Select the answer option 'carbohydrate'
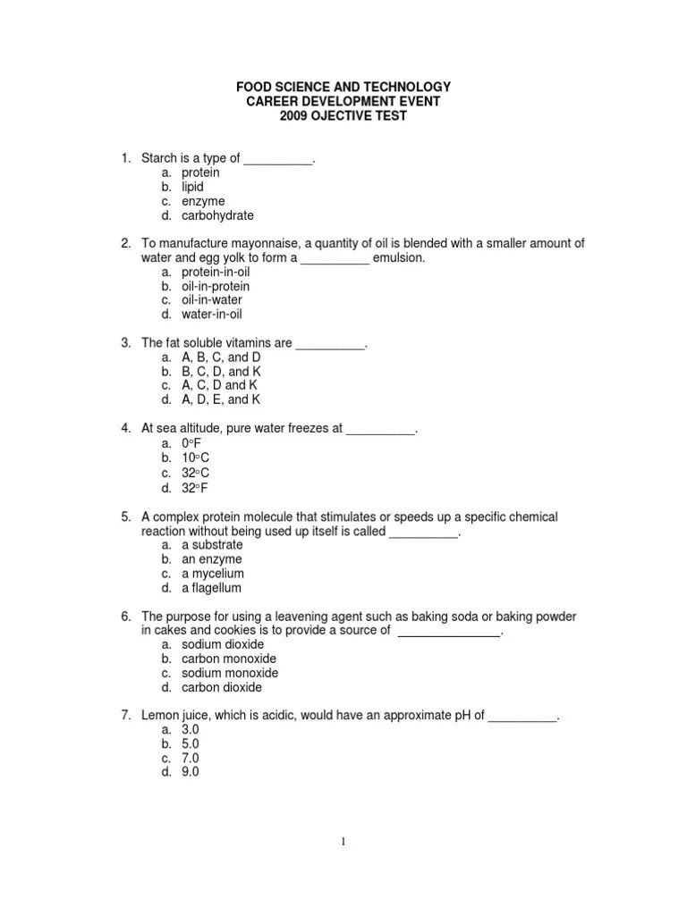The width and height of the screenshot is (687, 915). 217,215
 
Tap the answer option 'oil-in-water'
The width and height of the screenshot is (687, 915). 211,300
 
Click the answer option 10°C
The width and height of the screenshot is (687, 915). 195,458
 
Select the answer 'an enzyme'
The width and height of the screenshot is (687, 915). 212,558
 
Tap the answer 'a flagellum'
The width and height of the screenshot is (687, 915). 211,588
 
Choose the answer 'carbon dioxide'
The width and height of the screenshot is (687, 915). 222,687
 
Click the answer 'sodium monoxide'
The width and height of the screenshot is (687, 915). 230,673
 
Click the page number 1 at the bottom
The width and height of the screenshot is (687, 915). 343,841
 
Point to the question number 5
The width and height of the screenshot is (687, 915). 126,516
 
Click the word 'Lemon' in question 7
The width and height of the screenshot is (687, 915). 158,715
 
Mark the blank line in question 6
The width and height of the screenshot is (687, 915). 448,630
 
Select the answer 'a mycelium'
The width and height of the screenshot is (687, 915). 213,573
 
